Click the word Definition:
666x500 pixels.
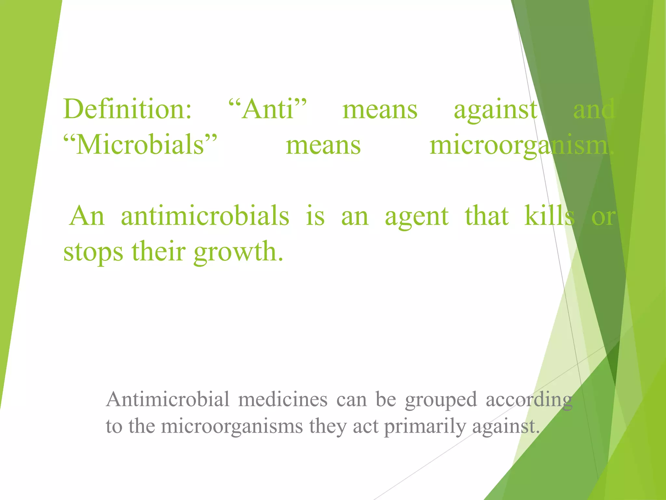(127, 109)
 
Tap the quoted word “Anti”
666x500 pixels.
(267, 109)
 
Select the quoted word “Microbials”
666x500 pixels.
(140, 145)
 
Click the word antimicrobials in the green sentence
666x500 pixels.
(205, 216)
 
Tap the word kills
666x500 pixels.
(549, 216)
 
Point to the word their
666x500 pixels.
(158, 252)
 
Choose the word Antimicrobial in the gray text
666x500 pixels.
(167, 399)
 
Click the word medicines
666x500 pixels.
(283, 399)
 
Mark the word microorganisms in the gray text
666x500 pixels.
(232, 427)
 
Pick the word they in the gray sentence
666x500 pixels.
(328, 427)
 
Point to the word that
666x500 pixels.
(486, 216)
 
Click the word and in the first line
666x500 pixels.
(594, 109)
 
